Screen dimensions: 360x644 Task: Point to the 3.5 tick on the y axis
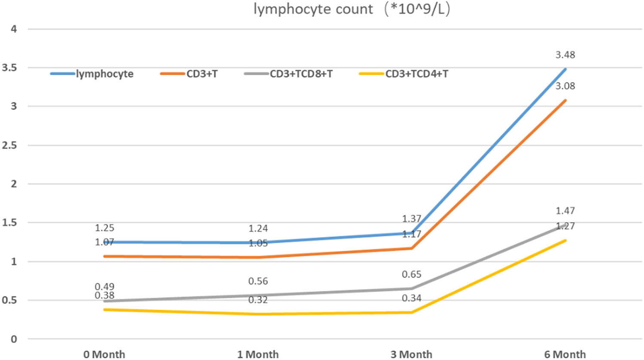point(9,68)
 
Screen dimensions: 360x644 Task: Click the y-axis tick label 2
point(14,184)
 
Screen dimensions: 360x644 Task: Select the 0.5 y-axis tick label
point(9,300)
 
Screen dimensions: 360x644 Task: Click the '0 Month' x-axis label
point(104,354)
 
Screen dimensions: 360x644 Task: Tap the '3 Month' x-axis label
point(411,354)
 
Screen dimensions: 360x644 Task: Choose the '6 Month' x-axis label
point(565,354)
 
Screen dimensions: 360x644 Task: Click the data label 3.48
point(565,55)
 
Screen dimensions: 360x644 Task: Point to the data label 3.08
point(565,86)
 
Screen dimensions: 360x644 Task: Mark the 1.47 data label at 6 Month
point(565,211)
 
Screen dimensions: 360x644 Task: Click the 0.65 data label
point(411,275)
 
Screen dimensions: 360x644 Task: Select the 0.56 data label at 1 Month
point(258,281)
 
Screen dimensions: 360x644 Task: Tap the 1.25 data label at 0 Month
point(104,228)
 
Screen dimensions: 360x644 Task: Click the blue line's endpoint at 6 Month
point(565,69)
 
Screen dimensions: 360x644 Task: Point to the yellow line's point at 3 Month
point(412,312)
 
